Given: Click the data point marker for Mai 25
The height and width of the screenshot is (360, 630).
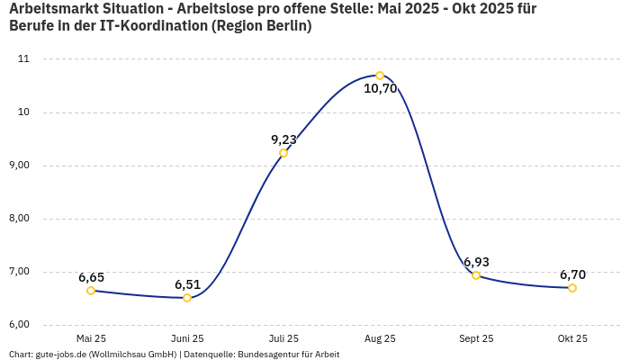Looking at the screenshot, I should coord(91,291).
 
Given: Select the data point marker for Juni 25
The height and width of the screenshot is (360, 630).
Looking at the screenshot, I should coord(187,298).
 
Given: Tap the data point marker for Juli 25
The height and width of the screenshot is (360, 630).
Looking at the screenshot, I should coord(283,153).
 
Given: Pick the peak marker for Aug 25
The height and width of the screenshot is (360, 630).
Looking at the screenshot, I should coord(380,76).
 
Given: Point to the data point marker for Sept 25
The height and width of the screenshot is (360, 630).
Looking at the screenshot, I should coord(476,275).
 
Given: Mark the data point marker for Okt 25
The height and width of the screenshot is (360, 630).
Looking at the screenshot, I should coord(572,288).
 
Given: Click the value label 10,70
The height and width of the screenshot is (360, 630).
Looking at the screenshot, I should coord(380,88).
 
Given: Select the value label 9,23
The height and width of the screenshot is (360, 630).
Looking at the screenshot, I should coord(283,139).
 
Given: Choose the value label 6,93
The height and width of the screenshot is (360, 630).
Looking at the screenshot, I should coord(476,262).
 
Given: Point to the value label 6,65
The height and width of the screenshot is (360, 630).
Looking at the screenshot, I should coord(91,277).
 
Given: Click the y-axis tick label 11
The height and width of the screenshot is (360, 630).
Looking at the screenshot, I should coord(23,59).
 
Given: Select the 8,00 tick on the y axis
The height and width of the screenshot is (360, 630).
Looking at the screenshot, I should coord(18,219).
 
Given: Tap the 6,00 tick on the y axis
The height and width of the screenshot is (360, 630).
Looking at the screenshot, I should coord(18,325).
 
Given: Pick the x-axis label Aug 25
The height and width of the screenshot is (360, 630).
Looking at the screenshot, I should coord(380,339).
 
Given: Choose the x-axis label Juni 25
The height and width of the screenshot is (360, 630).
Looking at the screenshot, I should coord(187,339).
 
